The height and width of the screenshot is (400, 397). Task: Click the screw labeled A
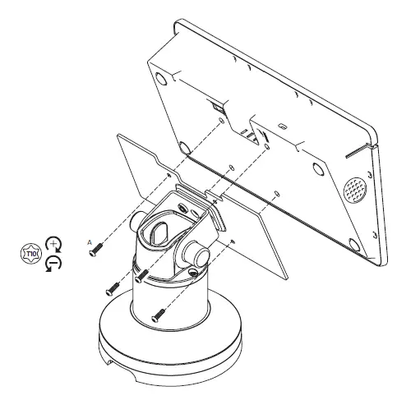point(97,246)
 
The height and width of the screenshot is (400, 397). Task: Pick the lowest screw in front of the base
point(158,311)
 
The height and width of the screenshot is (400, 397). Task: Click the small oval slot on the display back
point(282,127)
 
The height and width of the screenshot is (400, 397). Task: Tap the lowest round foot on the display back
point(354,243)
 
